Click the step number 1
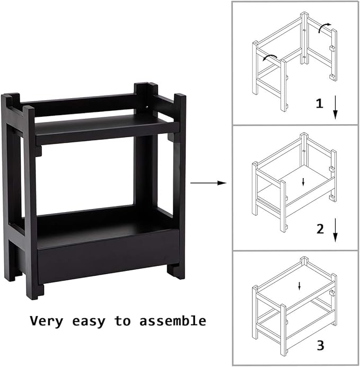tap(319, 103)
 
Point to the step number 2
tap(320, 229)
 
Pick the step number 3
tap(320, 346)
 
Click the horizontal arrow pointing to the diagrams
tap(208, 183)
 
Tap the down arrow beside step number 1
tap(335, 108)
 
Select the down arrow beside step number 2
tap(335, 231)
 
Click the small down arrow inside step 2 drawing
tap(303, 182)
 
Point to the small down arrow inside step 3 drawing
tap(300, 286)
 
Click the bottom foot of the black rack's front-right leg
tap(175, 272)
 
